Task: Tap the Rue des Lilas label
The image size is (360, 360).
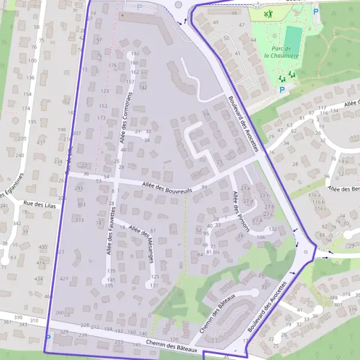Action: pos(35,204)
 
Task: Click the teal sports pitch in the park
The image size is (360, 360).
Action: pos(292,38)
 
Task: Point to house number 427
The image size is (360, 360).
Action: pos(64,279)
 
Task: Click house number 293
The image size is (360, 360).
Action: pos(79,188)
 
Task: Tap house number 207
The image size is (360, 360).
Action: pos(76,133)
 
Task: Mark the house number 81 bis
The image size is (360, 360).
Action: pos(213,252)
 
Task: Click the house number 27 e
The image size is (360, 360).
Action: pos(245,188)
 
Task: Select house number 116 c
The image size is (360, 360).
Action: pos(320,209)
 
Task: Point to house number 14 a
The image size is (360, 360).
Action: pos(343,161)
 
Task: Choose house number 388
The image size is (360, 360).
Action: pos(333,298)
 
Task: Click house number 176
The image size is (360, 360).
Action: pos(112,65)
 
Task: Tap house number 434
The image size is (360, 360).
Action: pos(39,279)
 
